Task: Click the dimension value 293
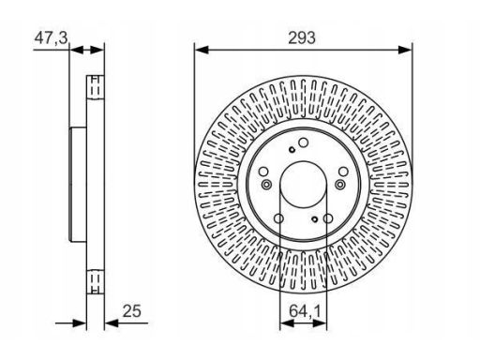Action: [x=302, y=38]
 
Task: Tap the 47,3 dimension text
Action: [x=51, y=38]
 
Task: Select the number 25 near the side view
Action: [x=131, y=311]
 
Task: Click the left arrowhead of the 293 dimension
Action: [x=202, y=50]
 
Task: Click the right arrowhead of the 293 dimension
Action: [x=405, y=50]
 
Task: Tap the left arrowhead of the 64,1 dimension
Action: [x=287, y=323]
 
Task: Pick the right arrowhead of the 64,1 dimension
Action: [x=320, y=323]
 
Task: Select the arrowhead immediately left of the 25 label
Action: [x=112, y=323]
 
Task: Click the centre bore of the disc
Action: [x=303, y=185]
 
